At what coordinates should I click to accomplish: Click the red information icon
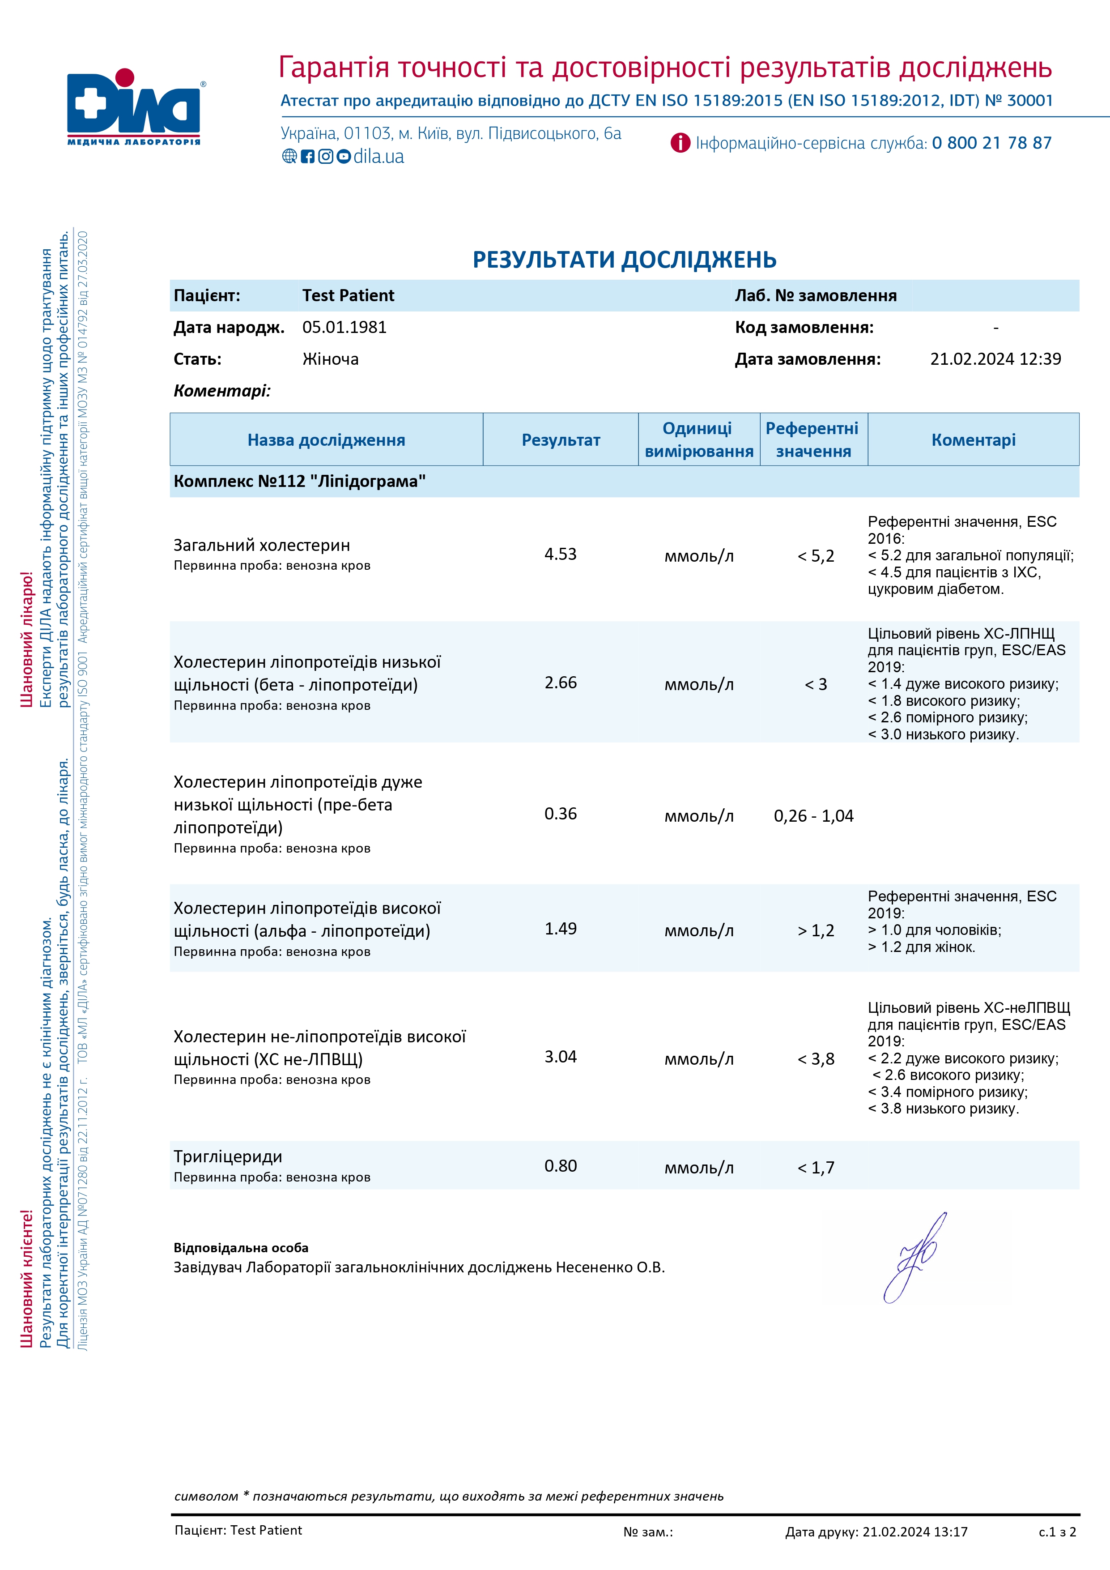point(680,143)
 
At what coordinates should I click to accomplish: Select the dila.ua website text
point(379,157)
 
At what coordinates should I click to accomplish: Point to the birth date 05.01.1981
point(344,328)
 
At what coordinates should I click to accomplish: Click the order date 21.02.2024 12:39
point(995,359)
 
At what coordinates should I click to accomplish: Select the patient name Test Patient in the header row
point(348,295)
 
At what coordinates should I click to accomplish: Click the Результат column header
point(561,439)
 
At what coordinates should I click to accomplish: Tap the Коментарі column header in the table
point(973,439)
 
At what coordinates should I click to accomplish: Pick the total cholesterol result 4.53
point(561,554)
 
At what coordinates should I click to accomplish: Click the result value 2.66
point(561,683)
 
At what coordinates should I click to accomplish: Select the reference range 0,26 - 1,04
point(813,816)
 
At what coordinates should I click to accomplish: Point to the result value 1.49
point(561,929)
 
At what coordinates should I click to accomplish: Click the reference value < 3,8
point(816,1059)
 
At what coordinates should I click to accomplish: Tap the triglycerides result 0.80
point(561,1166)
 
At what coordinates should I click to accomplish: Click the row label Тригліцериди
point(228,1156)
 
